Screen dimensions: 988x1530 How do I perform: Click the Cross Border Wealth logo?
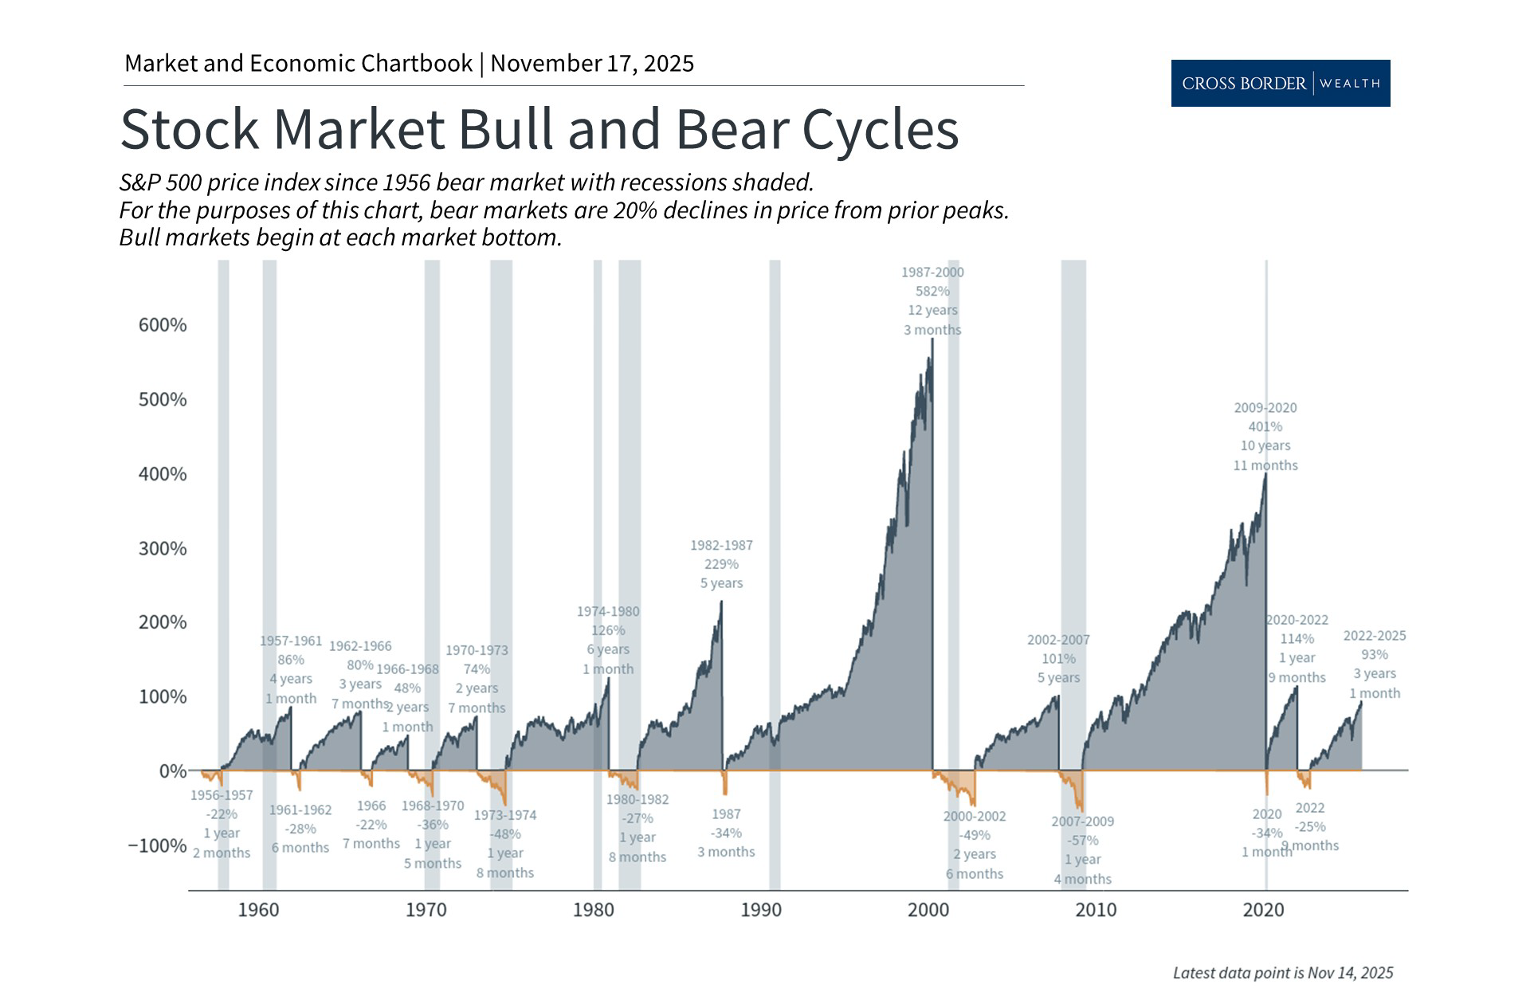(1280, 83)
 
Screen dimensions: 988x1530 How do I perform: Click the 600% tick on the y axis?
(163, 325)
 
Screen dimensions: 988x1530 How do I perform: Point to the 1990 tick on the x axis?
(761, 910)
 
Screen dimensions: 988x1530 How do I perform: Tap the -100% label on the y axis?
(158, 845)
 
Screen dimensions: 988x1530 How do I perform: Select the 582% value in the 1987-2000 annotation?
(932, 291)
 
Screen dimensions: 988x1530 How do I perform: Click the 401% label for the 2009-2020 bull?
(1265, 426)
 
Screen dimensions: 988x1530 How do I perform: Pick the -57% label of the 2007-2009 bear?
(1082, 840)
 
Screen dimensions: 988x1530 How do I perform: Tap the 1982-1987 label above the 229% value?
(721, 545)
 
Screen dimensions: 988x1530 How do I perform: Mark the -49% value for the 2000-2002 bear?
(975, 835)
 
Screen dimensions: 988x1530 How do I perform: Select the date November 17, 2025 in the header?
(592, 64)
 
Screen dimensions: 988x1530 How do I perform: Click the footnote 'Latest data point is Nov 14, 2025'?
(1283, 972)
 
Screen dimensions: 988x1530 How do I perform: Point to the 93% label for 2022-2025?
(1374, 654)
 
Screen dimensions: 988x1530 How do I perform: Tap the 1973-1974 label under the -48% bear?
(505, 815)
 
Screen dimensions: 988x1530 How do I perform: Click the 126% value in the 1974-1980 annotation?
(608, 630)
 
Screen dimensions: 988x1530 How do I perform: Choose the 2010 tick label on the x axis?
(1096, 910)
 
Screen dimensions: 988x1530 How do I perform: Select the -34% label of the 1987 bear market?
(726, 833)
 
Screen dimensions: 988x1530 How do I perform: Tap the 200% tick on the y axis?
(163, 622)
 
